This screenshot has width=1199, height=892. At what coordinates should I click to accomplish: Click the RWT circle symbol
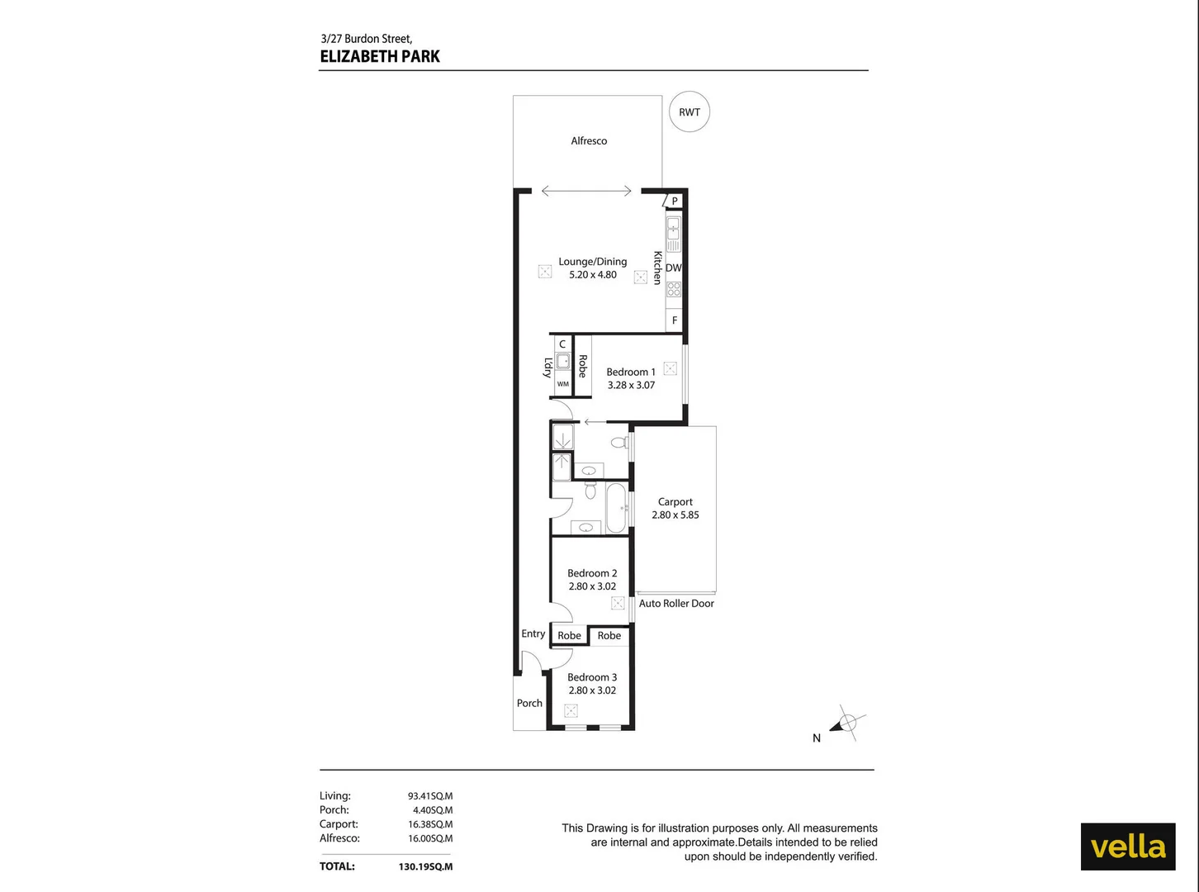click(690, 112)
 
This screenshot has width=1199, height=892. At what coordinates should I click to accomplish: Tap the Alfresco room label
click(589, 141)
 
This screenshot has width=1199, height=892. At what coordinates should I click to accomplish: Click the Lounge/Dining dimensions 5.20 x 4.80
click(593, 275)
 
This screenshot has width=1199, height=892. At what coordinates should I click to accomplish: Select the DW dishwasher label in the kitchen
click(674, 268)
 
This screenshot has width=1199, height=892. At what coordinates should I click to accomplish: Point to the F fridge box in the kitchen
click(675, 320)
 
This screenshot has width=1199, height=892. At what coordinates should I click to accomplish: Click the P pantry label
click(675, 201)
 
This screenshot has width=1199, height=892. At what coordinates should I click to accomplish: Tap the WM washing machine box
click(563, 384)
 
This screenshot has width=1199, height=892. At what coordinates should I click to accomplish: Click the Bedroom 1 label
click(631, 372)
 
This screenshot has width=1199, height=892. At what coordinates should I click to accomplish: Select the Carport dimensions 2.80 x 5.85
click(675, 515)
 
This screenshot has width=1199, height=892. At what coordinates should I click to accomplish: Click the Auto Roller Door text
click(676, 604)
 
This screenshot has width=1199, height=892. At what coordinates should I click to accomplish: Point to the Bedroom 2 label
click(592, 573)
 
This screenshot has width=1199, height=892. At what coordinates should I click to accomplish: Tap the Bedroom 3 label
click(592, 677)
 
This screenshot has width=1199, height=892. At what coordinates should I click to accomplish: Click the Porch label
click(529, 703)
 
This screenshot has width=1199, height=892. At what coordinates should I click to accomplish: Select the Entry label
click(533, 633)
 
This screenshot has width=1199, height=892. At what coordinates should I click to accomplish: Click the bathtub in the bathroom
click(616, 508)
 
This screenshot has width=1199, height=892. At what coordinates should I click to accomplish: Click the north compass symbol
click(846, 724)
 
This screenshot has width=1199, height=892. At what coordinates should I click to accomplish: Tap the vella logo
click(1128, 847)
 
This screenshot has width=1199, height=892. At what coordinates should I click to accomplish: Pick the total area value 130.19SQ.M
click(425, 866)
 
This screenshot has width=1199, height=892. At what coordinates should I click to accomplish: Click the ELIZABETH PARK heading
click(380, 56)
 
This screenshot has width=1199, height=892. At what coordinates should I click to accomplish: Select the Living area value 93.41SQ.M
click(430, 796)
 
